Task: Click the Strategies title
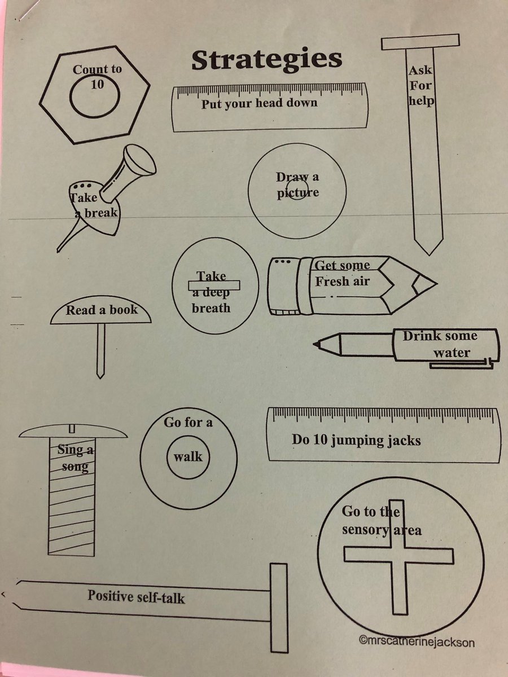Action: (266, 60)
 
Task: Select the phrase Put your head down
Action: (259, 103)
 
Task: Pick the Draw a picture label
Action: (297, 184)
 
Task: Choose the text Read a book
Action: (102, 310)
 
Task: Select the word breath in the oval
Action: (211, 308)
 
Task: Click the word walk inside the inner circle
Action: (188, 456)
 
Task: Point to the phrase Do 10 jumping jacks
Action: (356, 439)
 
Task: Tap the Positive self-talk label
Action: (136, 596)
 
